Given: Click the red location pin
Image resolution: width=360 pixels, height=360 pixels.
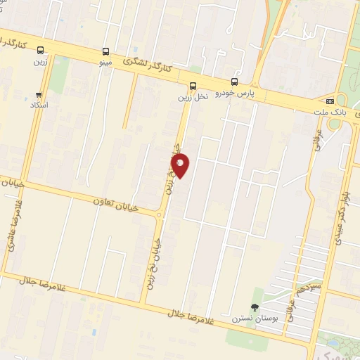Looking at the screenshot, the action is tap(181, 167).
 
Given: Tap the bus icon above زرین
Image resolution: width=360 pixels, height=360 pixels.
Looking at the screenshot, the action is tap(40, 50).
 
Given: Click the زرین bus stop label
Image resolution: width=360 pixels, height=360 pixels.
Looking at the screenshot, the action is tap(39, 61).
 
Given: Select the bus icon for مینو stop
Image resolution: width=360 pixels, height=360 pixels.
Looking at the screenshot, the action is tap(105, 51).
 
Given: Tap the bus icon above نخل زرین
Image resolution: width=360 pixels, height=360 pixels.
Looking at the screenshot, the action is tap(193, 86).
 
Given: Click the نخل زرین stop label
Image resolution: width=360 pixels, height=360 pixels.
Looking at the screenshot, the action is tap(192, 98).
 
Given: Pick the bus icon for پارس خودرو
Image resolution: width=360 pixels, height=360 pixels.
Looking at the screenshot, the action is tap(234, 82).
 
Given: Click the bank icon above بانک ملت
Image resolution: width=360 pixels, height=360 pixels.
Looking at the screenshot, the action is tap(330, 101).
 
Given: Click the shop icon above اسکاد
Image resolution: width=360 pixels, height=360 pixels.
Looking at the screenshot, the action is tap(39, 94).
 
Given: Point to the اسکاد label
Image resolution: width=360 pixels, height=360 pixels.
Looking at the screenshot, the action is tap(39, 105).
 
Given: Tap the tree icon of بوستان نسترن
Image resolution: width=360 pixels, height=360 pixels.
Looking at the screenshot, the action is tap(255, 307).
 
